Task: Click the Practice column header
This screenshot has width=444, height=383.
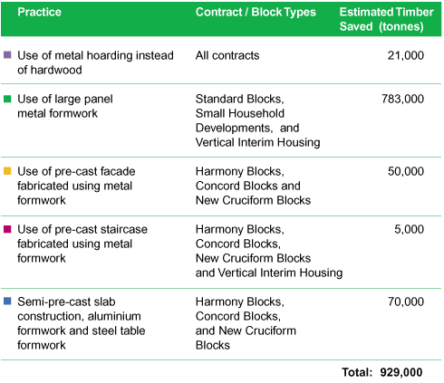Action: coord(39,12)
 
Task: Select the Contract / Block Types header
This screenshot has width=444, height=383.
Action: coord(256,13)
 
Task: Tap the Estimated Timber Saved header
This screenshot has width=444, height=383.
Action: coord(386,19)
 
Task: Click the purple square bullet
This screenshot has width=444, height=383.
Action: coord(7,54)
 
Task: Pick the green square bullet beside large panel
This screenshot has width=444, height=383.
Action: coord(7,99)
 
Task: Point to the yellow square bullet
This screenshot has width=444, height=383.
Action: coord(7,171)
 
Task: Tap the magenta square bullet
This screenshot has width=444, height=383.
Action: coord(7,229)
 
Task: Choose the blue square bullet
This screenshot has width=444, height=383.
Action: coord(7,301)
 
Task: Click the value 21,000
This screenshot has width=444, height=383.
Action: coord(406,55)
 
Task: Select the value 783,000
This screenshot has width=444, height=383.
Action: coord(402,99)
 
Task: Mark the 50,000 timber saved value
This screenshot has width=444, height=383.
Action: coord(406,171)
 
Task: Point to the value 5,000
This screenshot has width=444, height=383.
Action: coord(409,229)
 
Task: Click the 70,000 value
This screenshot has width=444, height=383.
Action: coord(406,302)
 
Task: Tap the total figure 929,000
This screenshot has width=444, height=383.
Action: coord(401,372)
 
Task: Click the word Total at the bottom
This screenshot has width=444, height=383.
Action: coord(357,372)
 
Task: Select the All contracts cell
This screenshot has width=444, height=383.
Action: coord(227,55)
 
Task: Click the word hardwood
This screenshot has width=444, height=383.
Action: coord(56,70)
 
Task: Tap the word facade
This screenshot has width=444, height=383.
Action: coord(118,171)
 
